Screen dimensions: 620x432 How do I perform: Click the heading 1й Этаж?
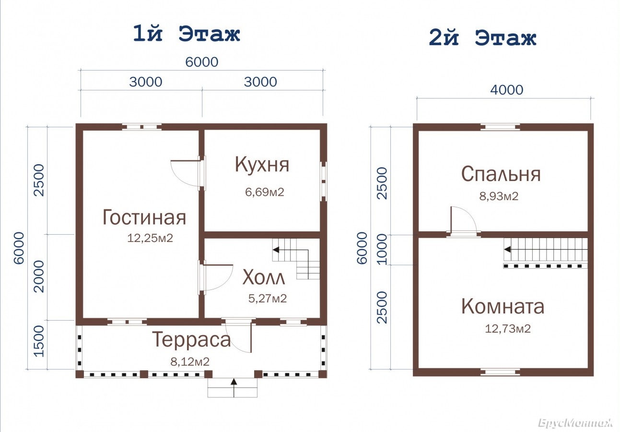[x=186, y=34]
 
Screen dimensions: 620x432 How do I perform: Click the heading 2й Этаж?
[x=482, y=38]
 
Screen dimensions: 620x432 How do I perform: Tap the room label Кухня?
[x=262, y=165]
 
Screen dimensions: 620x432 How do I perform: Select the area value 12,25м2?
[x=150, y=238]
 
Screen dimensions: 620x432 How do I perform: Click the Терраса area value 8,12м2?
[x=190, y=361]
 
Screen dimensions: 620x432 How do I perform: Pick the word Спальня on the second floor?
[x=501, y=174]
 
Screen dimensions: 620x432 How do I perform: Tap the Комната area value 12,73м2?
[x=508, y=329]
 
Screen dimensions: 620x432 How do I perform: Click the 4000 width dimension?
[x=506, y=90]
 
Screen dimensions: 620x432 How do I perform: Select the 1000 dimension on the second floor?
[x=382, y=249]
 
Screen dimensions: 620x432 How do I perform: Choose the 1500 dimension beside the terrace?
[x=38, y=341]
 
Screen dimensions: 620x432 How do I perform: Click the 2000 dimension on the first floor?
[x=38, y=276]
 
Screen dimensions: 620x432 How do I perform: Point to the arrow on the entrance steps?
[x=234, y=387]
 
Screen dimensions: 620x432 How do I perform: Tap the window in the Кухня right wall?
[x=323, y=181]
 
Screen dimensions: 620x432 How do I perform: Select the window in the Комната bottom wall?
[x=500, y=372]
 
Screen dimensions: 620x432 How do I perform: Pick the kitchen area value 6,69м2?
[x=265, y=192]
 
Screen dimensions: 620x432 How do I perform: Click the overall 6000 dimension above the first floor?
[x=202, y=62]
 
